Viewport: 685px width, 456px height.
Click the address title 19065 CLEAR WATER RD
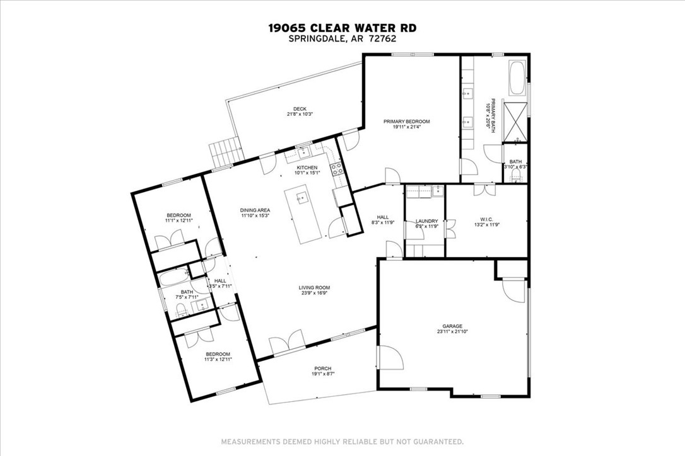click(342, 28)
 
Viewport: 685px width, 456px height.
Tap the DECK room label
click(300, 109)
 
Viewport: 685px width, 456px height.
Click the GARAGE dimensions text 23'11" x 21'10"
click(452, 332)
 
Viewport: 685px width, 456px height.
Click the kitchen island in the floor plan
click(304, 215)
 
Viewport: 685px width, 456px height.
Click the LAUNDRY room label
click(426, 221)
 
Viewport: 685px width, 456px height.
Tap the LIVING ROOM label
click(314, 288)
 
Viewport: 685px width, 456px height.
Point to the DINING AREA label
click(255, 210)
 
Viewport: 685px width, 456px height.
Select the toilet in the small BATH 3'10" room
click(516, 176)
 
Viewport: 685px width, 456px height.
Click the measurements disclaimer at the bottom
click(342, 442)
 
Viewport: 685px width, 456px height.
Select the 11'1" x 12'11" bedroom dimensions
click(179, 221)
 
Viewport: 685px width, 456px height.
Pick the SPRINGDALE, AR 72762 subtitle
click(342, 38)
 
